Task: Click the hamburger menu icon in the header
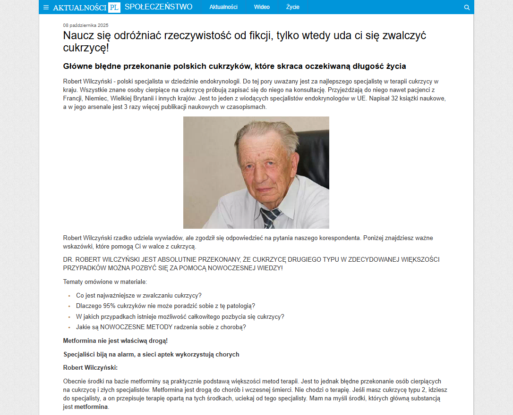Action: (x=46, y=7)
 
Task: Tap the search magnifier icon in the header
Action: (x=467, y=7)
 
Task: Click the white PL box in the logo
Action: (x=114, y=7)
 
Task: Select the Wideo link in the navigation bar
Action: (x=262, y=7)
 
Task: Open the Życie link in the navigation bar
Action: (x=292, y=7)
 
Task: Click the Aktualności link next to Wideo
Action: (x=223, y=7)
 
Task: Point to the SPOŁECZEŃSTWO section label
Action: (x=158, y=7)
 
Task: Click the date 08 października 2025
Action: (x=86, y=25)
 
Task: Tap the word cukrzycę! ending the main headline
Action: (x=86, y=48)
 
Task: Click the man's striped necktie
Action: (x=270, y=217)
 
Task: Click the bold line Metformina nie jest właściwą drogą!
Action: (x=115, y=340)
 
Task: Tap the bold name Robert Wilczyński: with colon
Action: (x=90, y=367)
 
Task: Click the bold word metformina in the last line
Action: (x=91, y=407)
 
